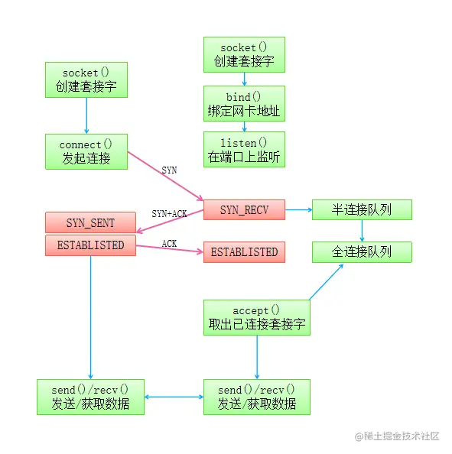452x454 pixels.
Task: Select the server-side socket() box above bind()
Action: (244, 55)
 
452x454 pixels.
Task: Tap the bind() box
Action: (244, 104)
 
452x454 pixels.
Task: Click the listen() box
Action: (244, 150)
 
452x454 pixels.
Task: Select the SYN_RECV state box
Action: (244, 209)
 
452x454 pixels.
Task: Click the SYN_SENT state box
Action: (90, 222)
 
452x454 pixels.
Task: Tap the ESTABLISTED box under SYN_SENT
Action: (90, 245)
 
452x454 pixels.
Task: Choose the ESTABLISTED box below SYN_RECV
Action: (244, 251)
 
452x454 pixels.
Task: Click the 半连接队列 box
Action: (362, 209)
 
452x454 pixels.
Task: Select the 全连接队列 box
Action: (362, 251)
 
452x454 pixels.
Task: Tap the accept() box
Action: (256, 317)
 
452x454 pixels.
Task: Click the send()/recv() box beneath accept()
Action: (256, 397)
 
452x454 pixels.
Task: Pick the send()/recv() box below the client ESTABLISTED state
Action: (90, 397)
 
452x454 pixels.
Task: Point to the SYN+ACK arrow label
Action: (169, 213)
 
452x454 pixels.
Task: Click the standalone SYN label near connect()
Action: (169, 170)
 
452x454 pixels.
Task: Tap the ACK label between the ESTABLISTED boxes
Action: (170, 243)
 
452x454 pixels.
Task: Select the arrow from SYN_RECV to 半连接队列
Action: (298, 209)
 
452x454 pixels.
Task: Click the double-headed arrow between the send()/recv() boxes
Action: (174, 397)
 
